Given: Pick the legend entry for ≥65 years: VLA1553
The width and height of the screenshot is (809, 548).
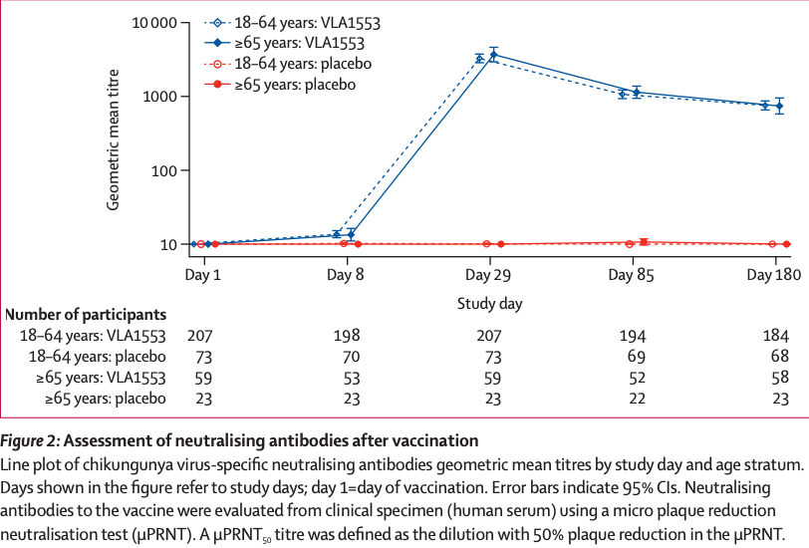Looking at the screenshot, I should tap(300, 43).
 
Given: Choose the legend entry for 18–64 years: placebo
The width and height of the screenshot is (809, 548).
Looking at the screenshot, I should tap(294, 64).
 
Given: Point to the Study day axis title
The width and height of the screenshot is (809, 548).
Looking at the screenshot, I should tap(489, 302).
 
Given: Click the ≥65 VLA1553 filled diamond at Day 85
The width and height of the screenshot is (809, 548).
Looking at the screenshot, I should tap(637, 92).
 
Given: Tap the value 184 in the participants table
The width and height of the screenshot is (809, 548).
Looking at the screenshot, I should tap(775, 335).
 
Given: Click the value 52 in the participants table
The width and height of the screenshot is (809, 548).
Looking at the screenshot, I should tap(633, 378).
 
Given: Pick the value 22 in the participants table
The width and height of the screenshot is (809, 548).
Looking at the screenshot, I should tap(633, 399).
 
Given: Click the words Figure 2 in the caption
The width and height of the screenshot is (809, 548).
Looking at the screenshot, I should tap(32, 440).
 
